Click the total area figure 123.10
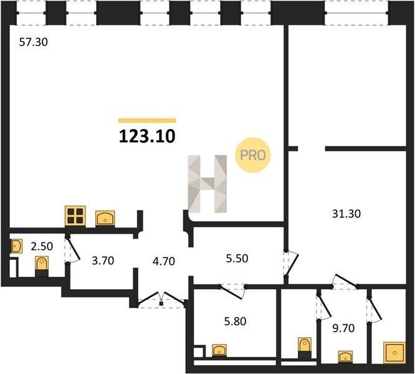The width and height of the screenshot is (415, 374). coord(147,137)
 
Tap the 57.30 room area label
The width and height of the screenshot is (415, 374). coord(34,42)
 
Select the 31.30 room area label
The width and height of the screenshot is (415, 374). coord(346,214)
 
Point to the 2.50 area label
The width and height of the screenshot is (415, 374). coord(42,246)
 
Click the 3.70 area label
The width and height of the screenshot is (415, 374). coord(103,261)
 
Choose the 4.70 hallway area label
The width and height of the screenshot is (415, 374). coord(164,261)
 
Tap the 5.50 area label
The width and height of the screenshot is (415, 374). coord(237,258)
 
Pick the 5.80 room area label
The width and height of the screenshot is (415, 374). coord(236,321)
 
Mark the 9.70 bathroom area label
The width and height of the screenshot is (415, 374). coord(343,328)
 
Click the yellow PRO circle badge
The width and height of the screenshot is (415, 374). coord(253,155)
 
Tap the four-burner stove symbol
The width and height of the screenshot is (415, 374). coord(75,216)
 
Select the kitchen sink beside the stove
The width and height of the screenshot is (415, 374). coord(105,219)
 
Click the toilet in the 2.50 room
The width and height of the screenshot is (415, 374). coord(42,266)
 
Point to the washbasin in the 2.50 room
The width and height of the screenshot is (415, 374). coord(16,246)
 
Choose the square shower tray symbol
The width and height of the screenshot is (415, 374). coord(394,353)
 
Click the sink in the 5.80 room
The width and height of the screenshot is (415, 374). coord(219,350)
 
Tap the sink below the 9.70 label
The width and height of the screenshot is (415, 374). coord(345,357)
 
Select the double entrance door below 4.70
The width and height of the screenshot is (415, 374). coord(161,300)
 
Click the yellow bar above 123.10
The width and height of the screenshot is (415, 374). coord(147,121)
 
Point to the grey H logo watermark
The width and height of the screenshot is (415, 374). coord(207,184)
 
